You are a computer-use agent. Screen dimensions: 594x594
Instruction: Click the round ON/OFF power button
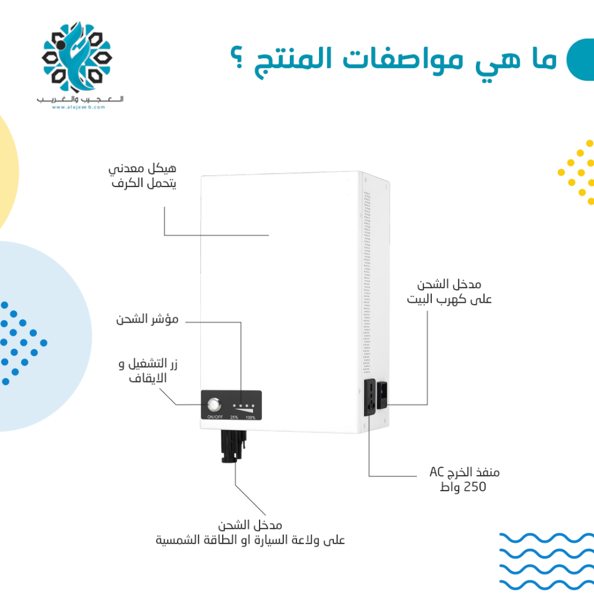[214, 405]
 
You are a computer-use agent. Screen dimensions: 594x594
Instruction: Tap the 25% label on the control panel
[234, 418]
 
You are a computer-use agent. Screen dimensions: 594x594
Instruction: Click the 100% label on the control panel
[251, 418]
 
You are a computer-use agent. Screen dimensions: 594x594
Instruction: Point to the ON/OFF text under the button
[215, 417]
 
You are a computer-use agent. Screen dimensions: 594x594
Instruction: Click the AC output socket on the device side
[369, 397]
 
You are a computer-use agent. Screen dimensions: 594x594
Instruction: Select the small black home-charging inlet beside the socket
[382, 396]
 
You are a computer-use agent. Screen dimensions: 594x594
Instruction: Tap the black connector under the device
[233, 446]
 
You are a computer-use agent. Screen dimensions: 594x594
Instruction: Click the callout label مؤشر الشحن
[147, 319]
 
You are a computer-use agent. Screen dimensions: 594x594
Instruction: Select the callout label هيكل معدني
[143, 168]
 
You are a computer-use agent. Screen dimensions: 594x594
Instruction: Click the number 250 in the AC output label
[475, 487]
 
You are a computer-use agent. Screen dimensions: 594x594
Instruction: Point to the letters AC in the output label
[437, 472]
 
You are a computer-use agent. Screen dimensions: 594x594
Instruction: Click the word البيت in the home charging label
[421, 299]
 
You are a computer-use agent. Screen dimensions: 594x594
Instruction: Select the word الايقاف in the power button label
[148, 378]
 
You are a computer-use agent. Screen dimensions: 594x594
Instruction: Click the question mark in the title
[237, 57]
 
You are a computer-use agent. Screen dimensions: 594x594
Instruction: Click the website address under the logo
[78, 107]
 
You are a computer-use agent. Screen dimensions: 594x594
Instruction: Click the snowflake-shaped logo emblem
[77, 57]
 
